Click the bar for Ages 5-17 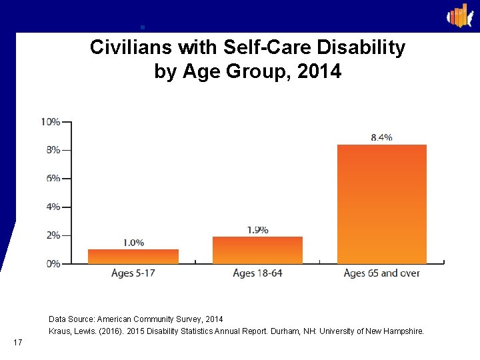(x=133, y=257)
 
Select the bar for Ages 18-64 (x=257, y=250)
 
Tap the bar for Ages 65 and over (x=381, y=204)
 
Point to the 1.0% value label (x=133, y=243)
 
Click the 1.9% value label (x=257, y=230)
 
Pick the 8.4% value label (x=381, y=137)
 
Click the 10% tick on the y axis (x=51, y=122)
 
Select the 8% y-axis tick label (x=53, y=150)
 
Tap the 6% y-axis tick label (x=53, y=179)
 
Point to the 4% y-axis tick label (x=53, y=207)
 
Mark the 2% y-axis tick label (x=53, y=235)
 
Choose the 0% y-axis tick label (x=53, y=264)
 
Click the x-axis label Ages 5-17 (x=133, y=273)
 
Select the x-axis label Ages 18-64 (x=257, y=273)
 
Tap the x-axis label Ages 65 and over (x=381, y=273)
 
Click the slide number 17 (x=18, y=343)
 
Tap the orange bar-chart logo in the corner (x=459, y=15)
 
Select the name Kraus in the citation (x=61, y=331)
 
